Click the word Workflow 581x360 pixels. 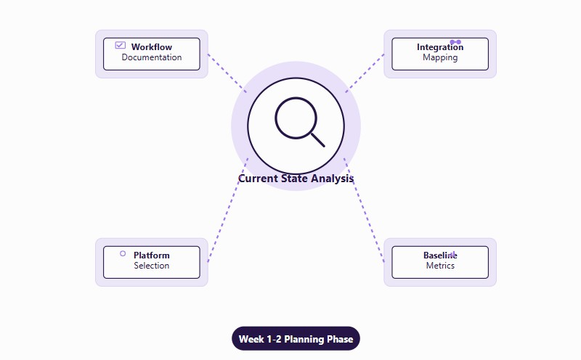(x=152, y=47)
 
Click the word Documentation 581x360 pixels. (x=152, y=57)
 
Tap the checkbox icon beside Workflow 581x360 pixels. (x=121, y=45)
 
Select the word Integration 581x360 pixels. (x=440, y=47)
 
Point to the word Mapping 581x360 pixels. (x=440, y=57)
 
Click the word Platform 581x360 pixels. (x=152, y=255)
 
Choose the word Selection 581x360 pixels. (x=152, y=266)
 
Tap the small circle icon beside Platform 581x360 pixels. (x=123, y=253)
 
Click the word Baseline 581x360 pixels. (x=440, y=255)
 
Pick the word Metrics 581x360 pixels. (x=440, y=266)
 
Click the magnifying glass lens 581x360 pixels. (x=296, y=118)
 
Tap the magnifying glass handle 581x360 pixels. (x=317, y=139)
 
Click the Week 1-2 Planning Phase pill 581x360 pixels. (x=296, y=339)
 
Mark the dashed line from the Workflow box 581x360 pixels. (x=227, y=73)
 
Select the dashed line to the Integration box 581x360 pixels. (x=365, y=72)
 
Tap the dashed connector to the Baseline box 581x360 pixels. (x=364, y=210)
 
